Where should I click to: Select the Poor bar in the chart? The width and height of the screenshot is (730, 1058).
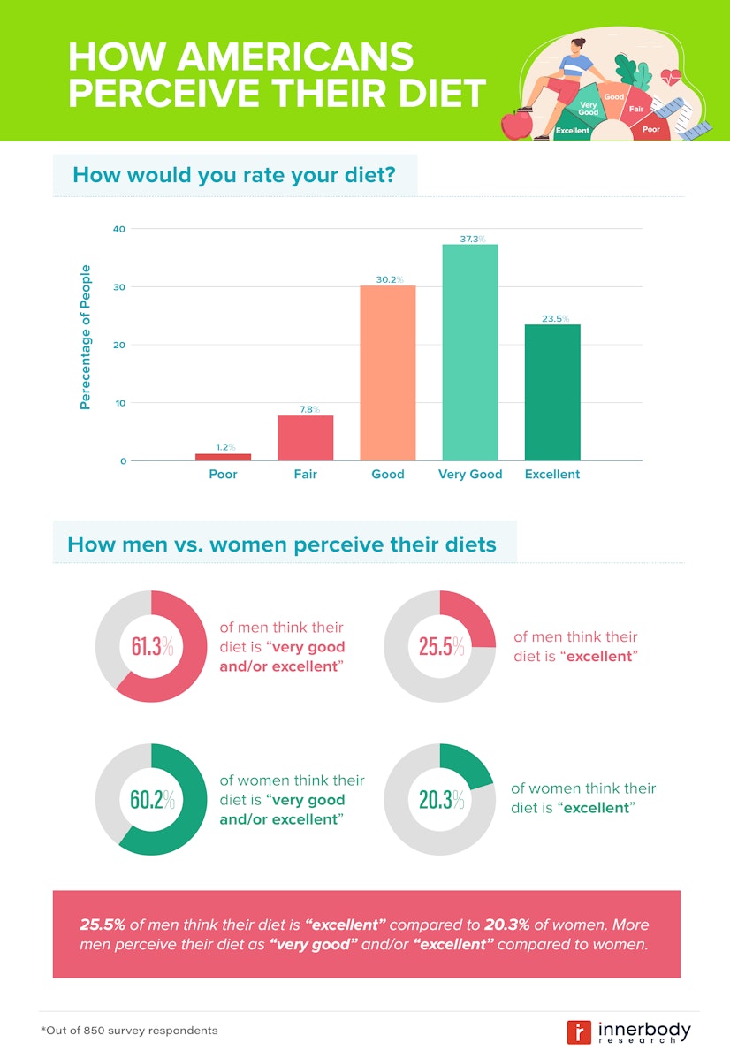click(223, 457)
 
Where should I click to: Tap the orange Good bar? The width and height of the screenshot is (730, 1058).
click(387, 372)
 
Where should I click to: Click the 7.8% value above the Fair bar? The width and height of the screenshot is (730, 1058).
click(305, 408)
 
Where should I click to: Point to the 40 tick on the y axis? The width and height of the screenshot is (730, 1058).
click(118, 229)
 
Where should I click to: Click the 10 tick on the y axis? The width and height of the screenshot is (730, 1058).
click(118, 403)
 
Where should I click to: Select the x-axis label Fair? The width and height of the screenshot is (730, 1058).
click(305, 475)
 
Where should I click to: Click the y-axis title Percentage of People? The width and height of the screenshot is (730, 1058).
click(86, 337)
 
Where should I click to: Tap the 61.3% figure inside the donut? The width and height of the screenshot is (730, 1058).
click(152, 647)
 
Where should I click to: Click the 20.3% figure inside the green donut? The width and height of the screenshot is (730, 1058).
click(441, 800)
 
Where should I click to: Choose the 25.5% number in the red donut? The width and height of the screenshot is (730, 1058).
click(441, 647)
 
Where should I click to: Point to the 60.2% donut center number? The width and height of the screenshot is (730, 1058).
click(152, 800)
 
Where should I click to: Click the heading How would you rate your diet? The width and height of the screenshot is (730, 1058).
click(233, 174)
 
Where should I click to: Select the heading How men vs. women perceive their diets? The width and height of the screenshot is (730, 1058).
click(282, 544)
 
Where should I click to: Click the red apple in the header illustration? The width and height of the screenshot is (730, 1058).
click(514, 125)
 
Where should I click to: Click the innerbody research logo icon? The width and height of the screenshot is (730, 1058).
click(579, 1031)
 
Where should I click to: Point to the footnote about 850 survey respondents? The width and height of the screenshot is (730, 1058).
click(129, 1031)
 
